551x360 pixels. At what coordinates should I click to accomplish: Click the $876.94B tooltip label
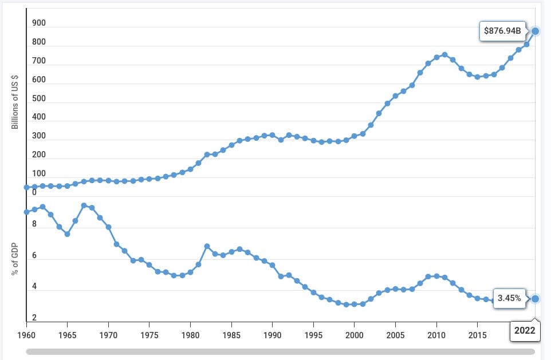tap(502, 31)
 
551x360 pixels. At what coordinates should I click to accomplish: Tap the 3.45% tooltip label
tap(509, 298)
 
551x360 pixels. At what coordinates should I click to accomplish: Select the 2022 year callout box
tap(525, 330)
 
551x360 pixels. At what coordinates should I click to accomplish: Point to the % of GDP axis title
tap(15, 259)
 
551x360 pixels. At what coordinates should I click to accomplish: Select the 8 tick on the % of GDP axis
tap(34, 224)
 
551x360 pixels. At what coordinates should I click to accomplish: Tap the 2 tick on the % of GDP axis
tap(34, 318)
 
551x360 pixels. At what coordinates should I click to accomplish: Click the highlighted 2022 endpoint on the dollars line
tap(535, 31)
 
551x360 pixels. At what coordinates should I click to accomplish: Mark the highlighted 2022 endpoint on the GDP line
tap(535, 298)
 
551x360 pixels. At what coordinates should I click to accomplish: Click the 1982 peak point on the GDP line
tap(207, 246)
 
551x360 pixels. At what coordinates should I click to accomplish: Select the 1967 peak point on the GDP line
tap(84, 205)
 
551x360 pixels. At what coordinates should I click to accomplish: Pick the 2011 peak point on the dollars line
tap(444, 54)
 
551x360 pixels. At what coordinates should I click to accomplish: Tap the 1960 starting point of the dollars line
tap(26, 187)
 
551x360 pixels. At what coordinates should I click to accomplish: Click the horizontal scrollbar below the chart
tap(280, 351)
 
